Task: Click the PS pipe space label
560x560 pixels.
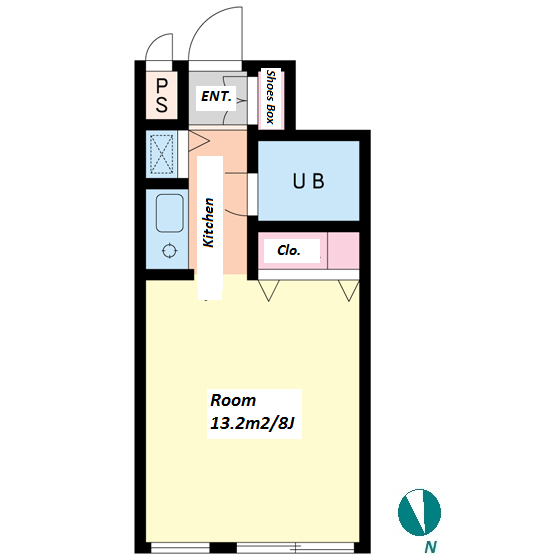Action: (161, 95)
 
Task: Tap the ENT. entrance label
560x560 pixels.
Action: (216, 96)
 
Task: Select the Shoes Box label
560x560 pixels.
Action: (271, 97)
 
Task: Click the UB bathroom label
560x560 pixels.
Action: (309, 181)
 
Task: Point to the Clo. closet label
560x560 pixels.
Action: (289, 250)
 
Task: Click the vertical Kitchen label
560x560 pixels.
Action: (208, 222)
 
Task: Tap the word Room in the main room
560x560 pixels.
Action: (233, 400)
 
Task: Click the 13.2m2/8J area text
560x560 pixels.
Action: (252, 424)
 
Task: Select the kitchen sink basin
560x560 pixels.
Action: (170, 213)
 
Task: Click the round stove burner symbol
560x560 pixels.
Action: (169, 250)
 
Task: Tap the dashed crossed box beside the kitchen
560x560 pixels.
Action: (161, 154)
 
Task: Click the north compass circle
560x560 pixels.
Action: (419, 512)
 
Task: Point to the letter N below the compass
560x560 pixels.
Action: (431, 547)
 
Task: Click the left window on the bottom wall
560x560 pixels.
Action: (180, 548)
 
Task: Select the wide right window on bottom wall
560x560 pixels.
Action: (295, 548)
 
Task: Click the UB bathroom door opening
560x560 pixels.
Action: (252, 195)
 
